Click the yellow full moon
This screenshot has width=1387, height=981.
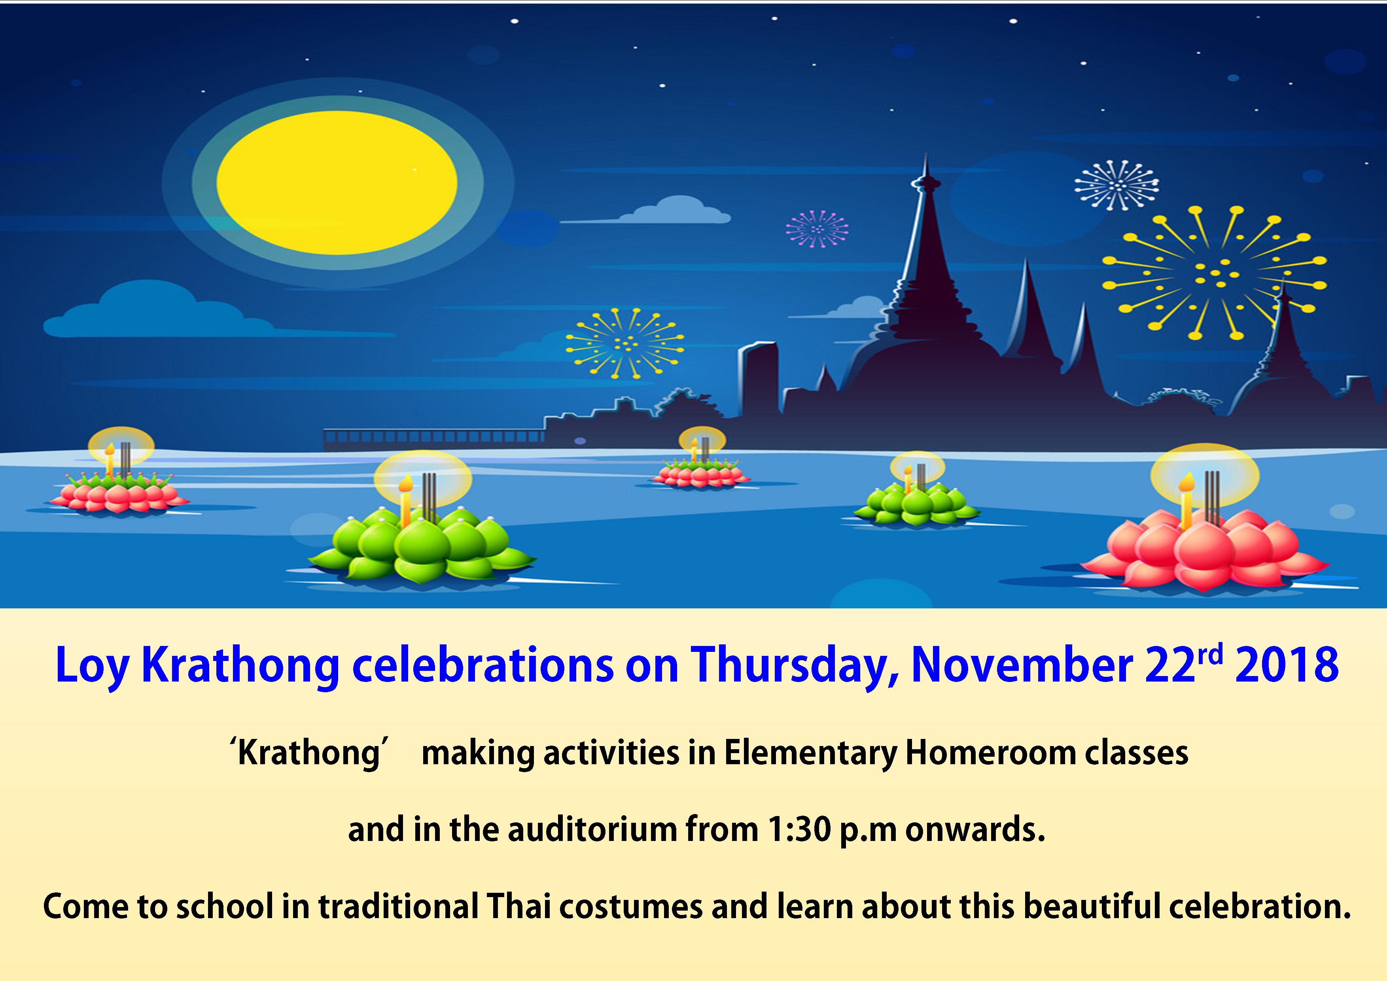tap(337, 182)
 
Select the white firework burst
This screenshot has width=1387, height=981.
tap(1117, 185)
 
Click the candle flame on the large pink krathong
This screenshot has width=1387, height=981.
tap(1187, 482)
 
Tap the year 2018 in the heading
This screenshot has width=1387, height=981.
tap(1287, 665)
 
